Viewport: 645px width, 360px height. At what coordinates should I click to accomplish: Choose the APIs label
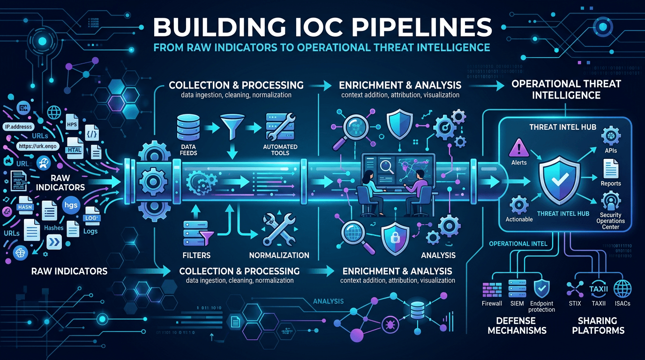pyautogui.click(x=611, y=150)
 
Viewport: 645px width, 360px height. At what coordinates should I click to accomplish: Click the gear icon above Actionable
pyautogui.click(x=519, y=205)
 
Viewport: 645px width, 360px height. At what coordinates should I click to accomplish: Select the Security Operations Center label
pyautogui.click(x=611, y=221)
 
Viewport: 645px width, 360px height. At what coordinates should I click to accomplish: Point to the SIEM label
pyautogui.click(x=517, y=303)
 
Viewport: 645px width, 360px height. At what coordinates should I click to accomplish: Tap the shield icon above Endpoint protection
pyautogui.click(x=542, y=288)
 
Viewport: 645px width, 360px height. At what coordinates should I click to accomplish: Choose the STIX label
pyautogui.click(x=574, y=303)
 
